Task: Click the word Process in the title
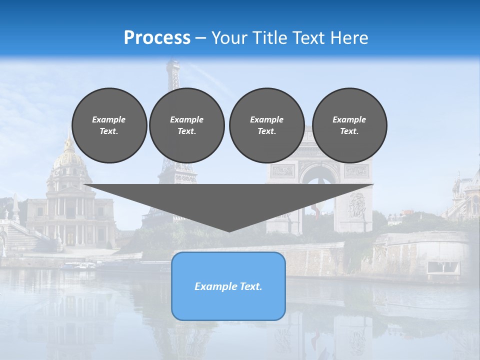[157, 38]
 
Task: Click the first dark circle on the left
[109, 125]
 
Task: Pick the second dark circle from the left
[186, 125]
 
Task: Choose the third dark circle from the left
[266, 125]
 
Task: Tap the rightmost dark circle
[349, 125]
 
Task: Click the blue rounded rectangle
[228, 300]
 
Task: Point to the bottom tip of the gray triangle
[229, 231]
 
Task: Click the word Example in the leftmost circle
[109, 119]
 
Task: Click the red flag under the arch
[317, 212]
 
